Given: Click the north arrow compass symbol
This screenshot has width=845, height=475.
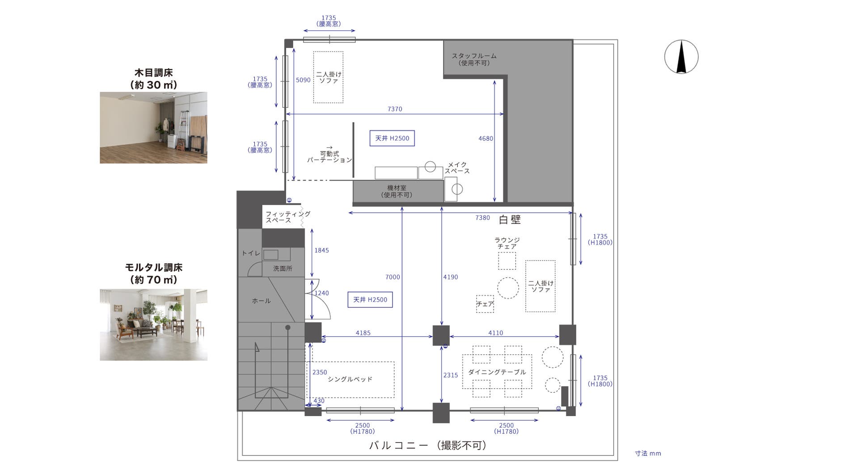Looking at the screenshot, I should click(681, 57).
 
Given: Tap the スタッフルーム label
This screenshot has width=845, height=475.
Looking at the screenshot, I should click(474, 59).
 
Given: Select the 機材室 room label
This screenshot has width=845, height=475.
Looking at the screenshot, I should click(397, 191).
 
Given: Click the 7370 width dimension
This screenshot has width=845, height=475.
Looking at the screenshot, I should click(395, 109).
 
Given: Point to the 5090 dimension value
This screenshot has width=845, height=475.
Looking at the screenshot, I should click(303, 80).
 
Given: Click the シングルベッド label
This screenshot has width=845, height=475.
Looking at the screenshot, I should click(350, 379).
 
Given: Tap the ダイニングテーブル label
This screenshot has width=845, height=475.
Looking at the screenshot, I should click(497, 372).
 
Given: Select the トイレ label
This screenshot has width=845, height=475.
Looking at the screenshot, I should click(251, 253).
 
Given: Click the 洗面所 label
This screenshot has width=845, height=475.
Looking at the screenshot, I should click(283, 269).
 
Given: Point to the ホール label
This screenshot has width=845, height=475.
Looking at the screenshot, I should click(261, 301).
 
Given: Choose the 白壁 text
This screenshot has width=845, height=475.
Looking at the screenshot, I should click(510, 219).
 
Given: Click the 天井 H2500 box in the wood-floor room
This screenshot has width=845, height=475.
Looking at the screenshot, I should click(392, 138).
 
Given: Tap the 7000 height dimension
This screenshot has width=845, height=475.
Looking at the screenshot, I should click(393, 277).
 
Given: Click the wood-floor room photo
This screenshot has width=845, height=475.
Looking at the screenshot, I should click(153, 127).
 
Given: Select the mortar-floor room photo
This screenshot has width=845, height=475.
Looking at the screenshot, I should click(153, 324).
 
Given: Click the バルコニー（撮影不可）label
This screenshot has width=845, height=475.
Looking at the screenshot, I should click(428, 446).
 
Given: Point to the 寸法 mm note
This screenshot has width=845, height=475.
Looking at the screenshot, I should click(648, 453).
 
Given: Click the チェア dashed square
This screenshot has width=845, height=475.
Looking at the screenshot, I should click(485, 304).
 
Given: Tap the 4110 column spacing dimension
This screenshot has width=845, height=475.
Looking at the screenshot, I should click(495, 332).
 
